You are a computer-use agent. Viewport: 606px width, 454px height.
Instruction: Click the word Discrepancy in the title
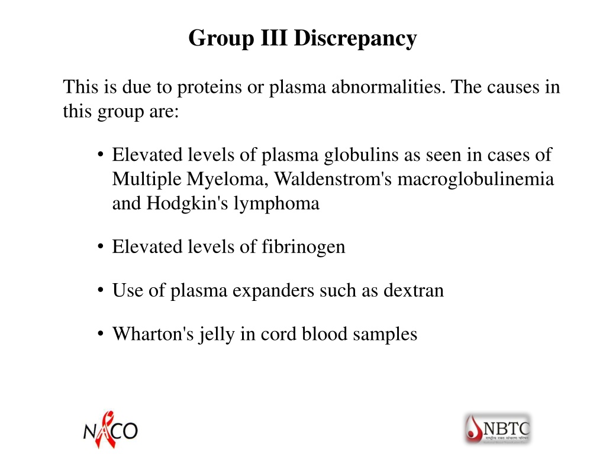click(355, 39)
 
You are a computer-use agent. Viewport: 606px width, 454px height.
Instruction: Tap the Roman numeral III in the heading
click(273, 38)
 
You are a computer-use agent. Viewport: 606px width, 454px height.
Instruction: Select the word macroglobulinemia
click(476, 180)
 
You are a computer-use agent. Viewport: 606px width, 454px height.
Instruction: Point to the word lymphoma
click(277, 204)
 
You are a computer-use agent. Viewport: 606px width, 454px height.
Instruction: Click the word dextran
click(414, 290)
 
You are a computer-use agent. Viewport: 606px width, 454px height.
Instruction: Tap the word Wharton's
click(153, 334)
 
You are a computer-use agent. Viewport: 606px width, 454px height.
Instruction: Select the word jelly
click(217, 335)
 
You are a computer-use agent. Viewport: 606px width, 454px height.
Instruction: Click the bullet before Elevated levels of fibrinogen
click(101, 247)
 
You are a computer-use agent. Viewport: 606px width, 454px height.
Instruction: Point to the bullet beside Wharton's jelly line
click(101, 333)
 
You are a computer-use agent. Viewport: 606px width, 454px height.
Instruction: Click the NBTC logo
click(498, 429)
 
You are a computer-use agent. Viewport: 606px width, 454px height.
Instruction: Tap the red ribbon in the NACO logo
click(106, 429)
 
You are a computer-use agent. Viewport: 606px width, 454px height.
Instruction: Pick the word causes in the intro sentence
click(513, 87)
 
